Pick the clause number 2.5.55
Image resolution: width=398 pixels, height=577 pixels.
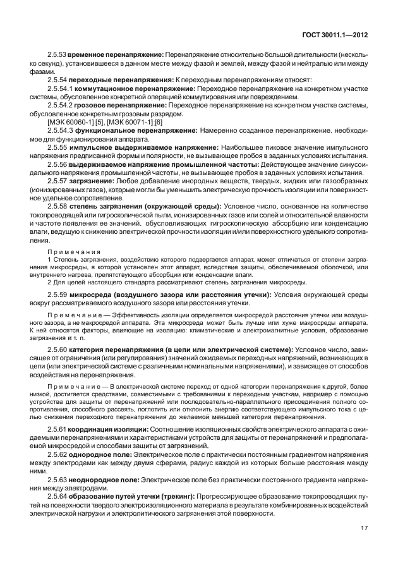pos(57,147)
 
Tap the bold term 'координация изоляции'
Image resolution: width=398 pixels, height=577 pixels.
pos(111,428)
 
